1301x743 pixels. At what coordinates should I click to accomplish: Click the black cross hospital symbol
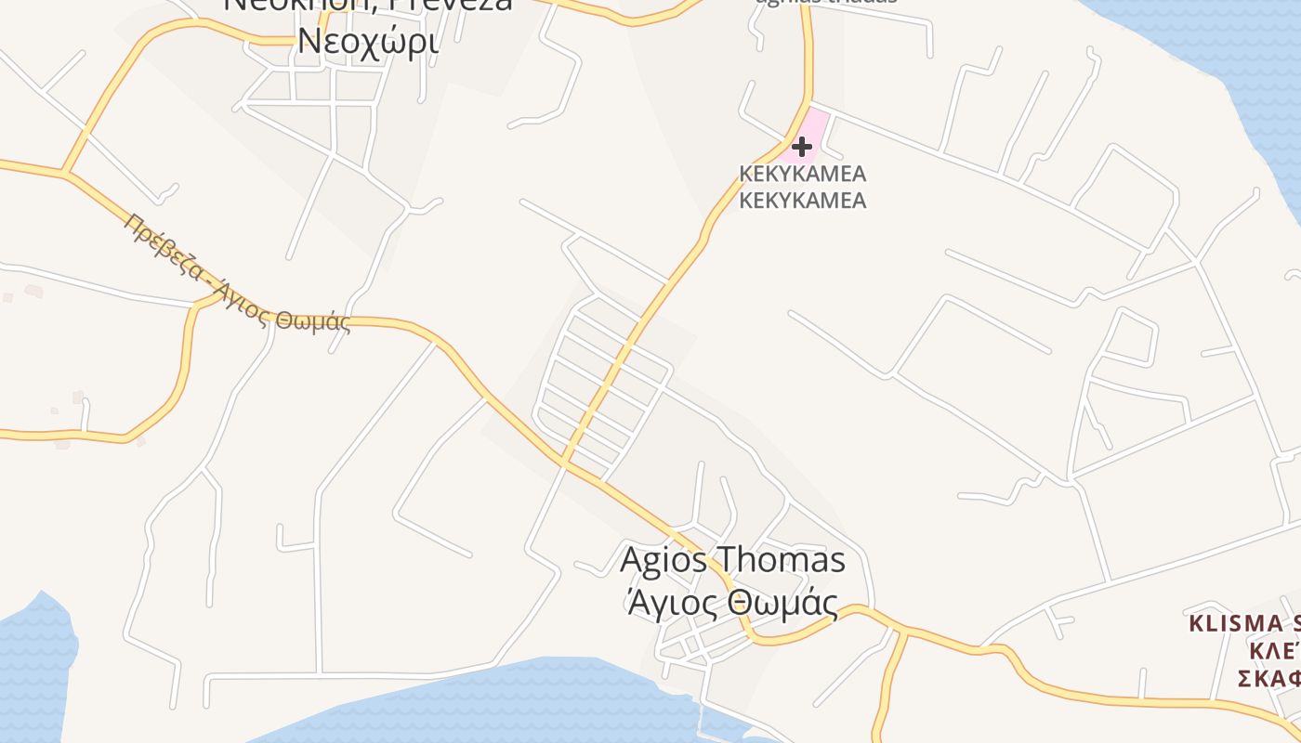pyautogui.click(x=801, y=146)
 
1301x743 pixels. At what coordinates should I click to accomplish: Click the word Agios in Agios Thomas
pyautogui.click(x=662, y=560)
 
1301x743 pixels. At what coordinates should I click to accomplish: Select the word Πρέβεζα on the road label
pyautogui.click(x=164, y=247)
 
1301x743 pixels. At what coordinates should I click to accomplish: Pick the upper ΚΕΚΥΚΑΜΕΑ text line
pyautogui.click(x=802, y=174)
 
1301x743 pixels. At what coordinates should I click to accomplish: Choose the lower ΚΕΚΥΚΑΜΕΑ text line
pyautogui.click(x=802, y=200)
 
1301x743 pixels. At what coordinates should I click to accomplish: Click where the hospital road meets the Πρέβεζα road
pyautogui.click(x=564, y=461)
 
